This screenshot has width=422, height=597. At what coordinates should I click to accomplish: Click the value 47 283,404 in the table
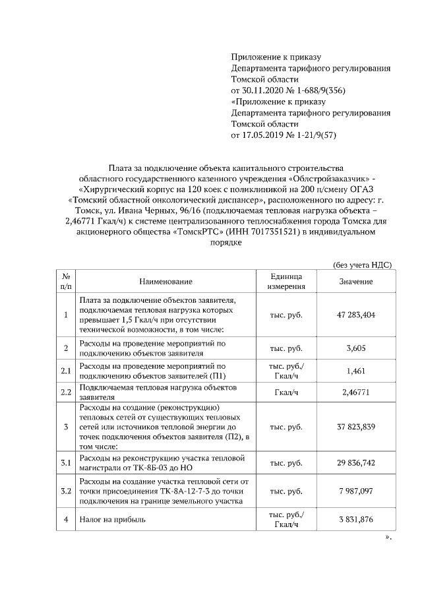[356, 315]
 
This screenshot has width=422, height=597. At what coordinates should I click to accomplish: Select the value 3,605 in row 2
[356, 348]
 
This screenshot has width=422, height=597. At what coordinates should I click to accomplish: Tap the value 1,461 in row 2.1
[356, 371]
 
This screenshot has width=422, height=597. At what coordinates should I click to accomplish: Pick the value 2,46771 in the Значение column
[356, 393]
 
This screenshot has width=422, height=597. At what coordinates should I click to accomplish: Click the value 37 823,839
[356, 427]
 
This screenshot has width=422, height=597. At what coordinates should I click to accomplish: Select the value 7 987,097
[356, 491]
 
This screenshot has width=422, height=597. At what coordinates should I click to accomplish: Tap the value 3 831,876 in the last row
[356, 520]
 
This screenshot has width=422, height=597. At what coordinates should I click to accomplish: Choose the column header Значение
[356, 282]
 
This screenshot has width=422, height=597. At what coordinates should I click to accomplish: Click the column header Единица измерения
[286, 282]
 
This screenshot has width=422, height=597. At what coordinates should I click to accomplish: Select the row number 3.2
[65, 491]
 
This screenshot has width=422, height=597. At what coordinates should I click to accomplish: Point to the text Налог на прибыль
[112, 520]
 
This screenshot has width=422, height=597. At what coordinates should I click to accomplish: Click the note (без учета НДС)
[363, 265]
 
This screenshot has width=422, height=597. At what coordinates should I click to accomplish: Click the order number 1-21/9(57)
[309, 135]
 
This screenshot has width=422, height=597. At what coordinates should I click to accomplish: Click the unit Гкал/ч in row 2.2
[286, 393]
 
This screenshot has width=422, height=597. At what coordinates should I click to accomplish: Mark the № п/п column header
[65, 282]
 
